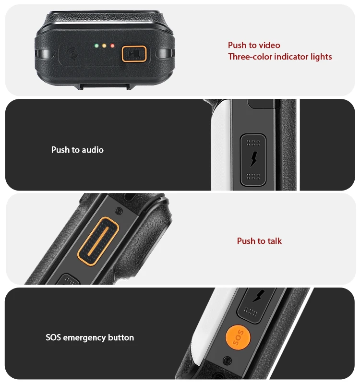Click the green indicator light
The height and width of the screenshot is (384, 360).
click(96, 46)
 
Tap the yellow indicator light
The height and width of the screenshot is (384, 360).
click(104, 46)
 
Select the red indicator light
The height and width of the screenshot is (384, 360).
click(112, 46)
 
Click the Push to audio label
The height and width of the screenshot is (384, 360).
click(77, 150)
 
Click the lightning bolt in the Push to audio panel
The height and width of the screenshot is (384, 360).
click(253, 159)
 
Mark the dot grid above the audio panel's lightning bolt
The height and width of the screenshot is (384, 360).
click(253, 143)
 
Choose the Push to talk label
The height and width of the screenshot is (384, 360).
click(259, 241)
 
